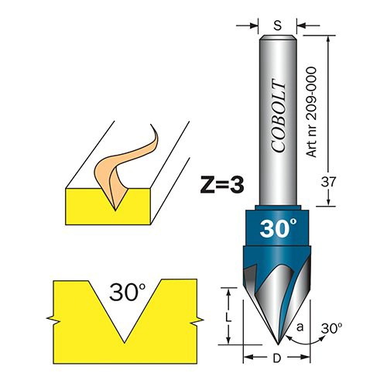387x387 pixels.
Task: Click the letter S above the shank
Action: (x=277, y=26)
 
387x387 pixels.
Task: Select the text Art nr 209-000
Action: (x=312, y=112)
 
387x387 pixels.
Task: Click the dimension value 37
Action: (x=328, y=183)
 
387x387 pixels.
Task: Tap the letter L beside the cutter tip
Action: (x=228, y=318)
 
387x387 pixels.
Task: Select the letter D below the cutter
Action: (x=276, y=358)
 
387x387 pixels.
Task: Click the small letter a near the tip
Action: (x=300, y=327)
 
